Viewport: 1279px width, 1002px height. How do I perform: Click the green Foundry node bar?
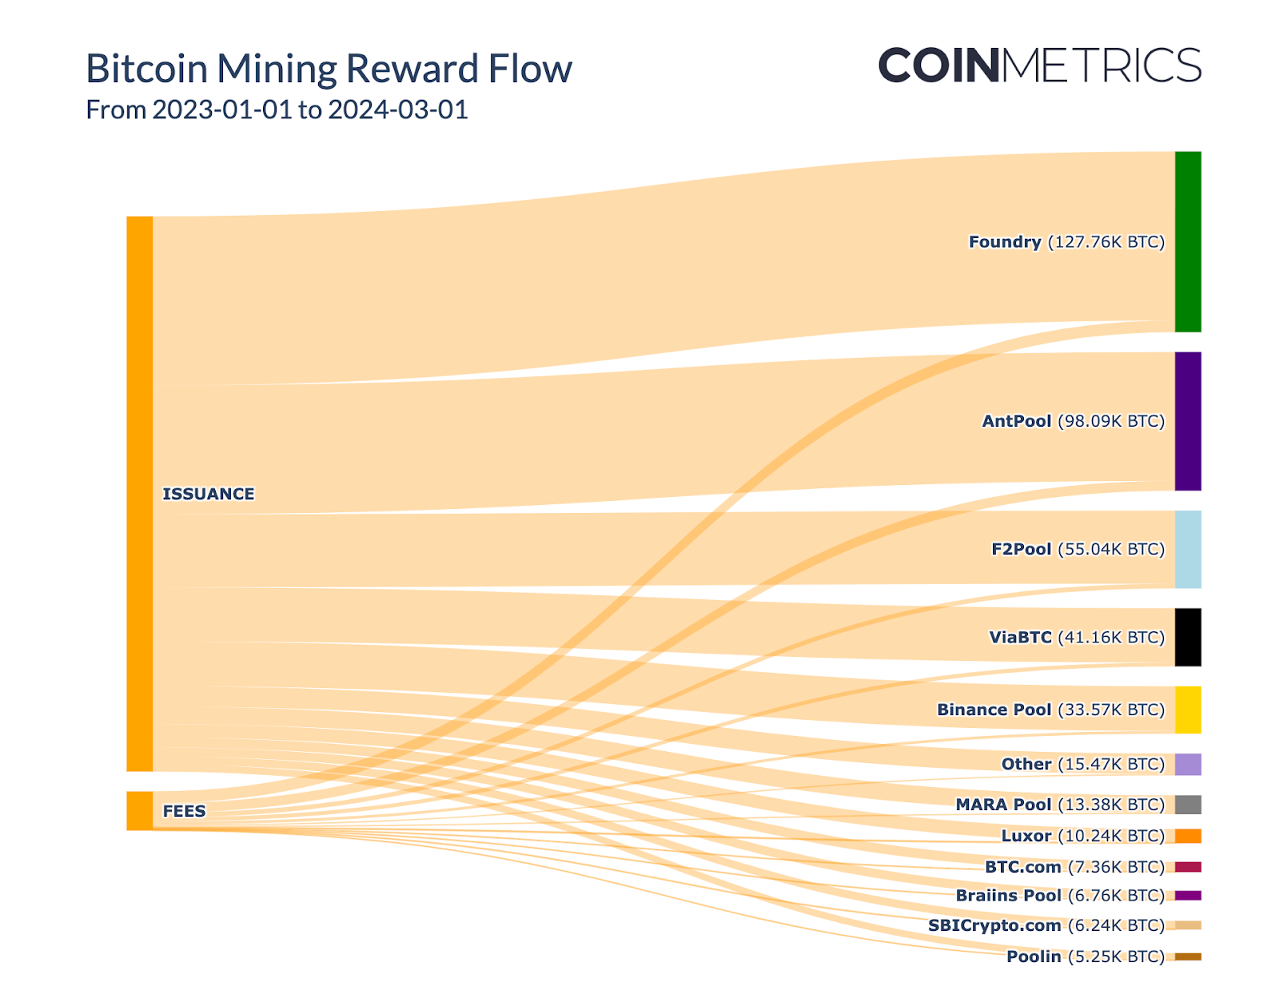click(x=1187, y=241)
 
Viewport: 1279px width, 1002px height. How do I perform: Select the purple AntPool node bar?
click(x=1187, y=421)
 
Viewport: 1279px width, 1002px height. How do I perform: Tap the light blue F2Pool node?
click(x=1187, y=549)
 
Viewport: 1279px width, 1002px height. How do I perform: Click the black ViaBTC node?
click(x=1187, y=637)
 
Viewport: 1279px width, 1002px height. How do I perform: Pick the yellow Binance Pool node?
click(x=1187, y=710)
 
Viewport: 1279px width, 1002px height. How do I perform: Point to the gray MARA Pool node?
click(x=1187, y=805)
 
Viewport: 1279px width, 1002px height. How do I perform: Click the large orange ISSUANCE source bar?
click(x=139, y=493)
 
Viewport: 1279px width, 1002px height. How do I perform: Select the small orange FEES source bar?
click(x=139, y=811)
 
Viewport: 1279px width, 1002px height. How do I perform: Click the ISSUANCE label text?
click(x=208, y=494)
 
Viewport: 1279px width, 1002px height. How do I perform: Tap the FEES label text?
click(x=184, y=811)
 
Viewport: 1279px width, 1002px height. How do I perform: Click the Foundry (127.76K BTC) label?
click(x=1066, y=241)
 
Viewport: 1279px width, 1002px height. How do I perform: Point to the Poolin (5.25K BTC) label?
click(x=1085, y=956)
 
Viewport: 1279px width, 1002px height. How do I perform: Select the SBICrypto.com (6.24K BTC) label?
click(x=1046, y=925)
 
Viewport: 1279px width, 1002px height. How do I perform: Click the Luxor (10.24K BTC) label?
click(x=1082, y=836)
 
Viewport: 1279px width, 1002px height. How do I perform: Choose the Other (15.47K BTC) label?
click(x=1082, y=764)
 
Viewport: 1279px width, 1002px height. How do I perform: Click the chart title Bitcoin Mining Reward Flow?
click(x=329, y=69)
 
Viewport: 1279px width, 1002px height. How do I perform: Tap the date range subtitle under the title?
click(x=277, y=109)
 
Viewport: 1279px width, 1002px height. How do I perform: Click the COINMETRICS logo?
click(x=1039, y=65)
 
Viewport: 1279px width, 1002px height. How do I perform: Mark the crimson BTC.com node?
click(x=1187, y=867)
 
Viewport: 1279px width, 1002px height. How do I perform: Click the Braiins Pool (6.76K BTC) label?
click(x=1060, y=895)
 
